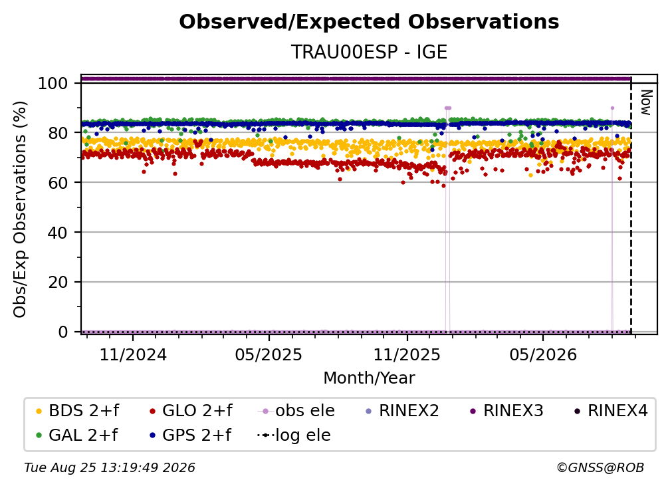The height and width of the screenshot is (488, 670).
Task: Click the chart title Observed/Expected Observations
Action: pos(369,22)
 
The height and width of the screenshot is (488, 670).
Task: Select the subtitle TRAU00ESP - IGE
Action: pos(369,53)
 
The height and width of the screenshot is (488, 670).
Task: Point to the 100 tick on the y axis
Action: pos(53,83)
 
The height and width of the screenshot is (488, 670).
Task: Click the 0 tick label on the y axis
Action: pos(62,332)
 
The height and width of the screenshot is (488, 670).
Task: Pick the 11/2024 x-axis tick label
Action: pos(133,354)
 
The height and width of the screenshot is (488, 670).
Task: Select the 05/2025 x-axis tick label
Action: pos(269,354)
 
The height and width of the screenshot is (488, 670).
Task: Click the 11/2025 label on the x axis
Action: pos(407,354)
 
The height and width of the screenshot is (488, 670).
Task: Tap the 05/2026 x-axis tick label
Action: pos(542,354)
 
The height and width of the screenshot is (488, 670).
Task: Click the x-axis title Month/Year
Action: pos(369,378)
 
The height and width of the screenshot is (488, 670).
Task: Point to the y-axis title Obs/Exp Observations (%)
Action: pos(20,209)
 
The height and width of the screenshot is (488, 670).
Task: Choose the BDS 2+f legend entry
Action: pos(77,411)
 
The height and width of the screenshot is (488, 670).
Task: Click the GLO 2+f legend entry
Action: pos(191,411)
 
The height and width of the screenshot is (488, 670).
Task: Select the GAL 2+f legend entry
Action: pos(76,435)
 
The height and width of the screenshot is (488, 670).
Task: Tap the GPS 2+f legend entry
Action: pos(190,435)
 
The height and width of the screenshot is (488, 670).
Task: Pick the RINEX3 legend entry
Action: pos(506,411)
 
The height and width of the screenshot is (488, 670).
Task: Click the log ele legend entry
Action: pos(294,435)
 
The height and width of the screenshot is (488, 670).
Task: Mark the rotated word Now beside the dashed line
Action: pos(646,102)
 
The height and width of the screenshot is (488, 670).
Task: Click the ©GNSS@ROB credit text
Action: pos(600,468)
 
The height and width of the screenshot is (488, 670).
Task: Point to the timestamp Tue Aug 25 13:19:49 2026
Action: pos(110,468)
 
